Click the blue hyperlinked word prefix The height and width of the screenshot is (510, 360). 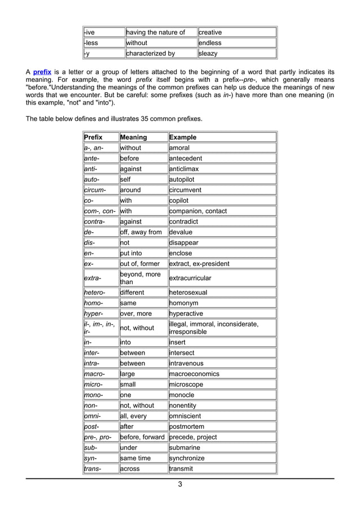click(42, 72)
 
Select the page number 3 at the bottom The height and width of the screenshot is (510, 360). click(179, 484)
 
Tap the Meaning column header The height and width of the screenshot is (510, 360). click(133, 137)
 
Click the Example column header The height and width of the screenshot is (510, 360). click(183, 137)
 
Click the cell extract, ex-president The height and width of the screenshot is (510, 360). click(199, 264)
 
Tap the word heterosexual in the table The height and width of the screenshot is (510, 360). click(188, 293)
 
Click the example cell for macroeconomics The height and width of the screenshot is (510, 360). click(195, 374)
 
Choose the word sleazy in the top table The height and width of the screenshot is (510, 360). click(208, 54)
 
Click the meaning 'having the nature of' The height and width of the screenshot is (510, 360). click(156, 32)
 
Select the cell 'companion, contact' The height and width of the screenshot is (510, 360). click(198, 211)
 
